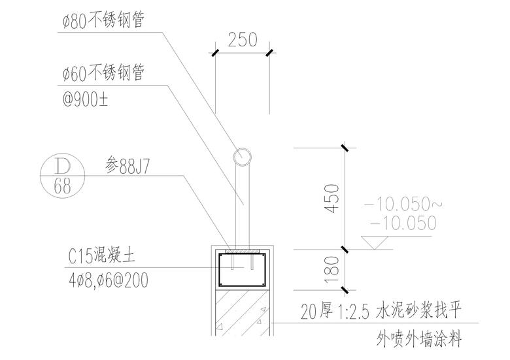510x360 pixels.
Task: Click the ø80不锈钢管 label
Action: coord(103,22)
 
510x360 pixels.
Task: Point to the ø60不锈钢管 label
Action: coord(103,73)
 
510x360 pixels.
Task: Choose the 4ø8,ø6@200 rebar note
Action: coord(107,281)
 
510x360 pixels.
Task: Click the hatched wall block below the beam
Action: coord(241,312)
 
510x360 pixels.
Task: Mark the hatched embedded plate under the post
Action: coord(241,250)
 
